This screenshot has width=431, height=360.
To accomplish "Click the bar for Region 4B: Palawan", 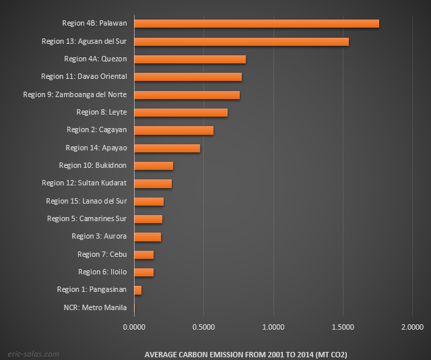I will tap(256, 24).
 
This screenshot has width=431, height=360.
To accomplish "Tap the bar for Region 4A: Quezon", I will tap(190, 59).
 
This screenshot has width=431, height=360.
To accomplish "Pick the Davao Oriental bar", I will tap(188, 77).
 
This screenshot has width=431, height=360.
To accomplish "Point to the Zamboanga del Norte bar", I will tap(187, 94).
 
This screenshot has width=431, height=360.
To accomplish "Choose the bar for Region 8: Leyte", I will tap(180, 112).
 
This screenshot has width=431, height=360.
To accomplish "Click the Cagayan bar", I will tap(174, 130).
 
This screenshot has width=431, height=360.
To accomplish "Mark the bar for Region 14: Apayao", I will tap(167, 148).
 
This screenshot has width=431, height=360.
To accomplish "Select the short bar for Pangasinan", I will tap(138, 290).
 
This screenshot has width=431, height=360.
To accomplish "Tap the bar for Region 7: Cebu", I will tap(144, 254).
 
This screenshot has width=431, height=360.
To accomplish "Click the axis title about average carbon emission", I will tap(246, 354).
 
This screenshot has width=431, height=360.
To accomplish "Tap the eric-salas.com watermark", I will tap(33, 353).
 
